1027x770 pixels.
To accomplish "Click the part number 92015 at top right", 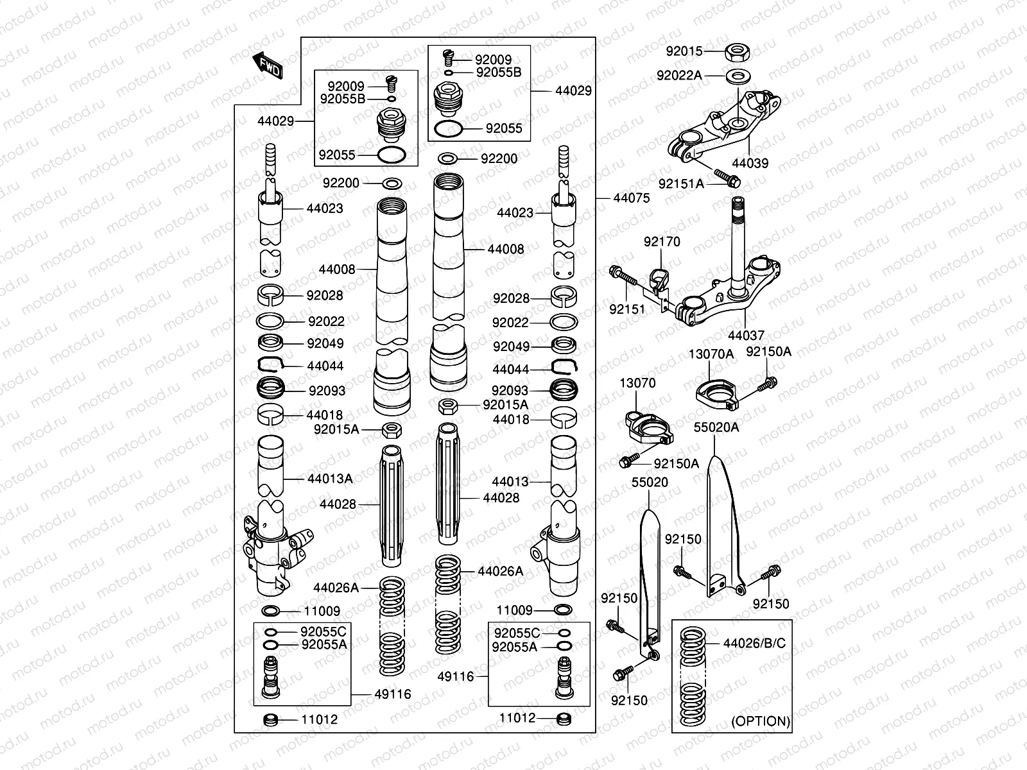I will [x=684, y=51].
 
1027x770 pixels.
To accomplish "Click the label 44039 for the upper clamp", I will [x=750, y=163].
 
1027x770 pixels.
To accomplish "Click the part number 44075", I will [x=631, y=198].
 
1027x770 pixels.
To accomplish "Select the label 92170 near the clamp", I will [x=662, y=242].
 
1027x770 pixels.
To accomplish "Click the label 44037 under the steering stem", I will [x=746, y=336].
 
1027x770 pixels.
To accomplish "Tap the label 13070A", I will [x=711, y=354].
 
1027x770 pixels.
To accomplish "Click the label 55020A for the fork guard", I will [x=716, y=427].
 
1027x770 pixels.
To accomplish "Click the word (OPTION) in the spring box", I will [x=761, y=721].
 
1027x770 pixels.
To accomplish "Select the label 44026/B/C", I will [x=754, y=643].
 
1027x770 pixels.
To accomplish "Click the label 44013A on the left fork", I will [x=329, y=479].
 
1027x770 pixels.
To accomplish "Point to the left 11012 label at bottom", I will [x=319, y=719].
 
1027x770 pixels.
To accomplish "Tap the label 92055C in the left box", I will [x=324, y=632].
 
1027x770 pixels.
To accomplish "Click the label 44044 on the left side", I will [x=325, y=366].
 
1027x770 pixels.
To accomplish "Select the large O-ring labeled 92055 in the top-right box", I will [x=448, y=128].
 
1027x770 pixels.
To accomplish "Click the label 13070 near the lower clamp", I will [x=637, y=383].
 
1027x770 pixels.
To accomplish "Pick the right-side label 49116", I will [x=455, y=676].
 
